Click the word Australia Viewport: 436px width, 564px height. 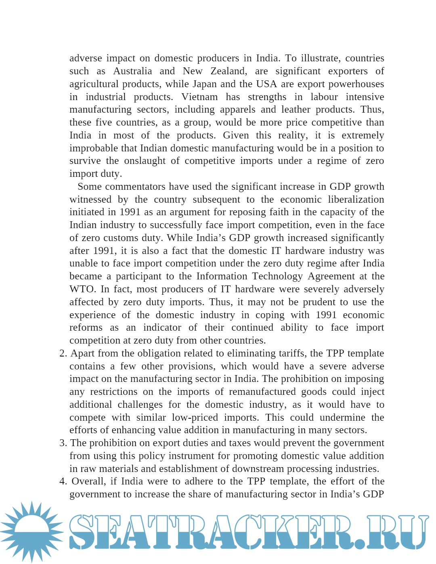(x=132, y=71)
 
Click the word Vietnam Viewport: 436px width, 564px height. (x=199, y=97)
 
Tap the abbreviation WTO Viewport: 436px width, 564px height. (x=82, y=289)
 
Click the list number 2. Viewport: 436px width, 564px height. (x=63, y=353)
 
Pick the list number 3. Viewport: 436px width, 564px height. (x=63, y=443)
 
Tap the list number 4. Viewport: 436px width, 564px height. (x=63, y=481)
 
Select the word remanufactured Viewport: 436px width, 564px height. (x=262, y=392)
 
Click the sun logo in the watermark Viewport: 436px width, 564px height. (x=31, y=532)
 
